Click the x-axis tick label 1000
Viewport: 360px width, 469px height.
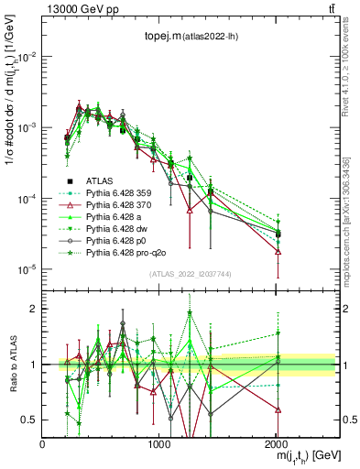pos(160,442)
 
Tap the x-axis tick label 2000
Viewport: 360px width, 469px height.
pos(278,442)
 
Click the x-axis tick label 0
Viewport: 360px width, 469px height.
pos(43,442)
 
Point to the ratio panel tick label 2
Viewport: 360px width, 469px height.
pos(33,309)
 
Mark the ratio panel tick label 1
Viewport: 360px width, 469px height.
pos(33,365)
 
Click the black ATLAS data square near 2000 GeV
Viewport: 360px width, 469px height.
pos(278,235)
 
